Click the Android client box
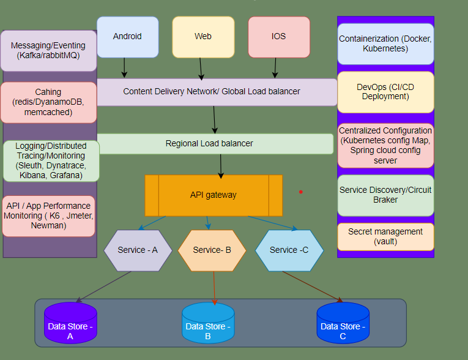[127, 37]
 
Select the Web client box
[203, 37]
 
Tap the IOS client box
[279, 37]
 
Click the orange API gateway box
[214, 195]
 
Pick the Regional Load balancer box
[209, 144]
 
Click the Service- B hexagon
[212, 250]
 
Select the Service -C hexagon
[289, 250]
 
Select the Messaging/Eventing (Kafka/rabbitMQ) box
[48, 51]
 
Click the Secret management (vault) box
[385, 236]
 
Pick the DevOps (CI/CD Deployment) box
[385, 92]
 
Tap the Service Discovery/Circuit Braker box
[385, 195]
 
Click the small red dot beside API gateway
[301, 192]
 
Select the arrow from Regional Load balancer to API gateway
[221, 165]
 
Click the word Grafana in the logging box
[66, 175]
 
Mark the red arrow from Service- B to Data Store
[214, 288]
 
